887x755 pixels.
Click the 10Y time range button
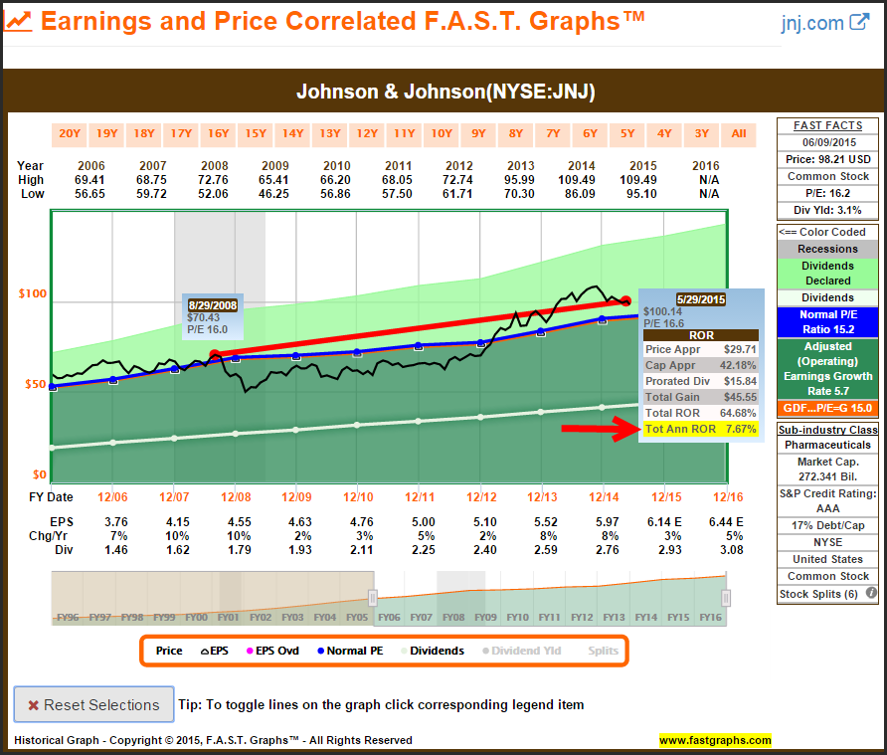442,134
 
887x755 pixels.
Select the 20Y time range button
70,134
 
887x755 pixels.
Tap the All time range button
739,134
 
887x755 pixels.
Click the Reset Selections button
93,704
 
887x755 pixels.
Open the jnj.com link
824,22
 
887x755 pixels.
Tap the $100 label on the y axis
33,294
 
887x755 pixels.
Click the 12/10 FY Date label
358,496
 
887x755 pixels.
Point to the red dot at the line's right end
625,299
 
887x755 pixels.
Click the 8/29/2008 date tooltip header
211,304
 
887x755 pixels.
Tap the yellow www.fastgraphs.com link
714,740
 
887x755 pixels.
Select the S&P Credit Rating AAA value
827,508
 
